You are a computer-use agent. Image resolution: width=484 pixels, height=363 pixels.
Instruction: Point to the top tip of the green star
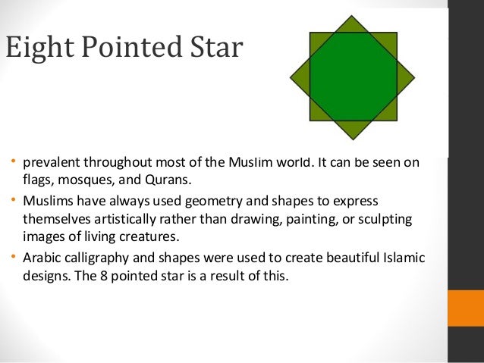[354, 17]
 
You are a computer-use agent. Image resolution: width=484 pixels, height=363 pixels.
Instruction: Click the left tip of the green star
[292, 77]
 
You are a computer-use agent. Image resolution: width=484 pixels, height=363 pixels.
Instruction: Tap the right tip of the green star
[414, 77]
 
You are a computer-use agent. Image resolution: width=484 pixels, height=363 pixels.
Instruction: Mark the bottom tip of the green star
[354, 139]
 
